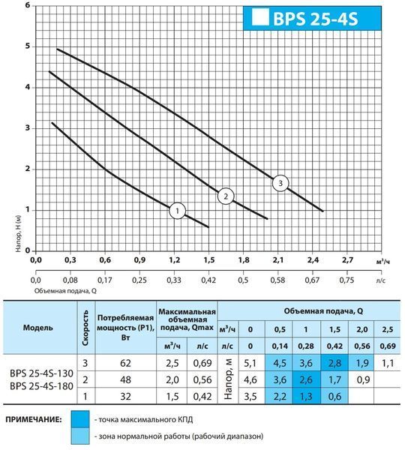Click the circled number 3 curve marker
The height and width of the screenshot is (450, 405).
280,183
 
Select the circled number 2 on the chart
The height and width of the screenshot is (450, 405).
226,196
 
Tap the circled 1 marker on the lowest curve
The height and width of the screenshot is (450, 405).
178,211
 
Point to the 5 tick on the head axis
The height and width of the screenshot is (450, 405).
28,46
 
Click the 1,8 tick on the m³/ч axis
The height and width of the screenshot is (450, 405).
244,260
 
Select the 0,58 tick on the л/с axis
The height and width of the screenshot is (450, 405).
277,280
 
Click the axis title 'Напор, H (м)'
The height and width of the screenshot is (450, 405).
19,234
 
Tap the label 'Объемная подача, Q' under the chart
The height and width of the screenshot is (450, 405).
65,291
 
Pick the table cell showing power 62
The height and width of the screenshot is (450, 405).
125,363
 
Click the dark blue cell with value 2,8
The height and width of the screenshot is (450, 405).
334,363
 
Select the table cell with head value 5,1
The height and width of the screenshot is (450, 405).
250,363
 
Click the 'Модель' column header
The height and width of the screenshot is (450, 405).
38,328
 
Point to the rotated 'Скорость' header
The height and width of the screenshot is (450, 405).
85,328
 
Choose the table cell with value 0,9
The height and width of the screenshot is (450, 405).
362,379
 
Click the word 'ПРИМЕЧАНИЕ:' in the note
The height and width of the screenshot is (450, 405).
34,419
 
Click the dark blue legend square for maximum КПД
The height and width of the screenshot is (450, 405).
80,419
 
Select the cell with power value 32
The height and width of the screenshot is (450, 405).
125,396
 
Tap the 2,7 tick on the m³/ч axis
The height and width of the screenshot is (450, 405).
347,260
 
